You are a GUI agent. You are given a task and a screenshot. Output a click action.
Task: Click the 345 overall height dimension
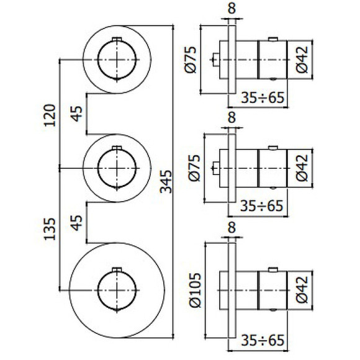point(166,181)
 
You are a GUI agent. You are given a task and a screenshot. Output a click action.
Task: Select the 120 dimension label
point(50,115)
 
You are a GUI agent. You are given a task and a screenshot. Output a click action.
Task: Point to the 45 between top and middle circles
point(76,115)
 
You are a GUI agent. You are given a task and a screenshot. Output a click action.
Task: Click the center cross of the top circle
point(116,59)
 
